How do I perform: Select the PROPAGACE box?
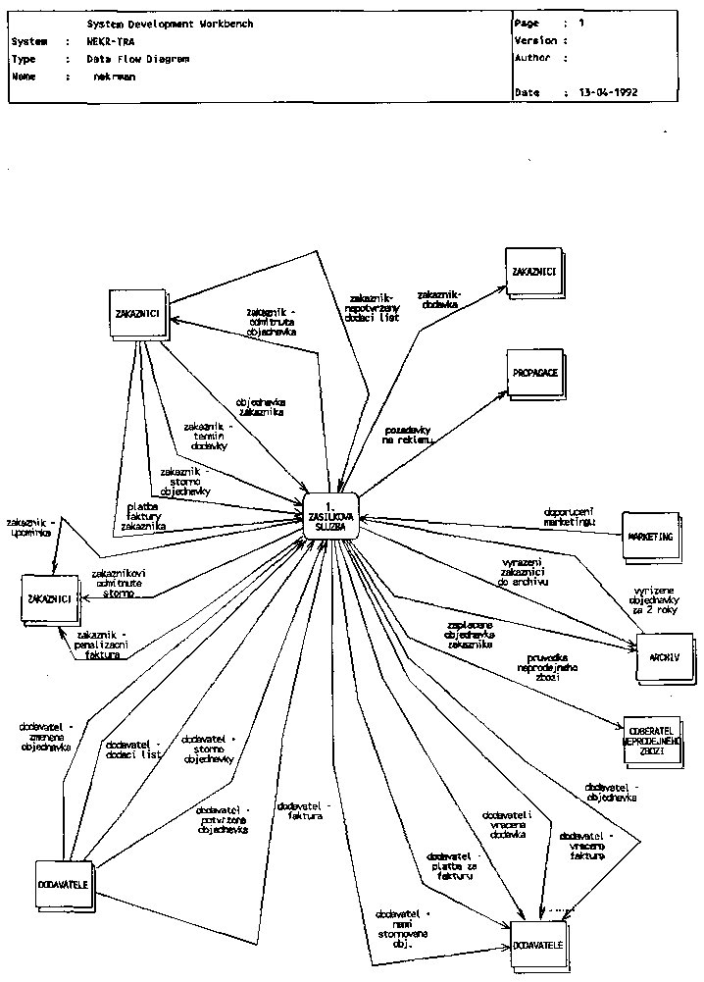tap(533, 375)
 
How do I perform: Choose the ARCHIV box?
tap(657, 656)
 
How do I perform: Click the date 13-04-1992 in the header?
tap(608, 92)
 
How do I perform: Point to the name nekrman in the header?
tap(115, 76)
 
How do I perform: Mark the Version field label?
tap(535, 41)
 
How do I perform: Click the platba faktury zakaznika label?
tap(143, 516)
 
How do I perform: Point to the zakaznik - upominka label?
tap(31, 527)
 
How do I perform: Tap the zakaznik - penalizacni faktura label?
tap(101, 644)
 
